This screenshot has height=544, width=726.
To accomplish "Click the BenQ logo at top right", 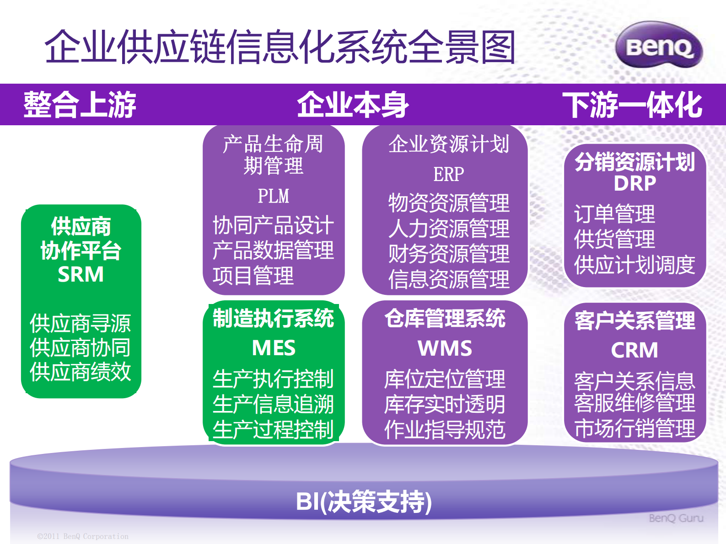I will [x=659, y=46].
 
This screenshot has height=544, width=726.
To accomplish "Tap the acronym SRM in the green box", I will [x=81, y=274].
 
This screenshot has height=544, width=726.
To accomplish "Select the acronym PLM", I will [x=273, y=196].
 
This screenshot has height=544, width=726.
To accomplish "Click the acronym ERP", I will [x=448, y=174].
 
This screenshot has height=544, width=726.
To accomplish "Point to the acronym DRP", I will [x=635, y=183].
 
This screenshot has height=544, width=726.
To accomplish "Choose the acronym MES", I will [x=274, y=348].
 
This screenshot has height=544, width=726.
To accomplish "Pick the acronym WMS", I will [x=445, y=348].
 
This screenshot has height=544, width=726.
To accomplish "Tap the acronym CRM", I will [x=635, y=351].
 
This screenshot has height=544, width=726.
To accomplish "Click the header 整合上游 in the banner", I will [x=80, y=105].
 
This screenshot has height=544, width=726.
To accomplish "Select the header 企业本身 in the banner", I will [x=353, y=105].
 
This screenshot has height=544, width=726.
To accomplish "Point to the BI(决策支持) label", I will [x=363, y=501].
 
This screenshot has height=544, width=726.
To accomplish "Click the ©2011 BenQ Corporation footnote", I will [x=83, y=536].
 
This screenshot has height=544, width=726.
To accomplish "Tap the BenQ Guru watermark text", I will [x=676, y=518].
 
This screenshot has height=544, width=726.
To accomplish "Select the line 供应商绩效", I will [x=81, y=372].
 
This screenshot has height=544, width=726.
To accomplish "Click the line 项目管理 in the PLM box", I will [x=253, y=276].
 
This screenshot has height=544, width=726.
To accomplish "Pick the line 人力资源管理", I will [x=448, y=229].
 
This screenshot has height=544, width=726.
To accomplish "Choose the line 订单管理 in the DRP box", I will [x=614, y=214].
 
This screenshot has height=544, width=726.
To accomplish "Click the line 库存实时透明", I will [x=445, y=404].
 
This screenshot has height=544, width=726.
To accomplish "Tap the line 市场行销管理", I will [x=635, y=428].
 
